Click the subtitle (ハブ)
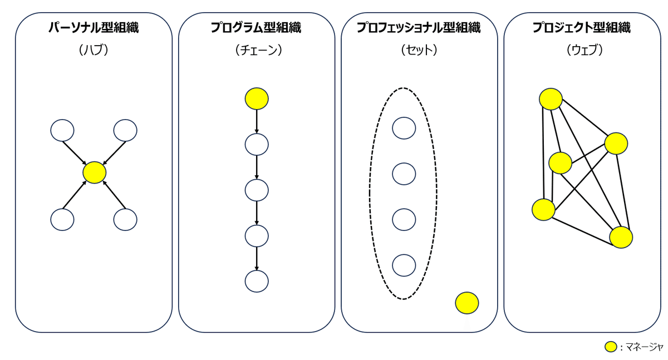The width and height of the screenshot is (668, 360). [x=93, y=50]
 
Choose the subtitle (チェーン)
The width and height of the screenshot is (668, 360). [x=256, y=50]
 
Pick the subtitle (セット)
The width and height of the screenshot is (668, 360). [x=419, y=50]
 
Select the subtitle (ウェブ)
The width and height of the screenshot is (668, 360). [x=582, y=50]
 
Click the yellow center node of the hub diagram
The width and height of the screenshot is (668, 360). [x=94, y=172]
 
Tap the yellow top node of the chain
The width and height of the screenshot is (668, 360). [x=257, y=98]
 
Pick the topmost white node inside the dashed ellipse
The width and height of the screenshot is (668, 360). [x=404, y=128]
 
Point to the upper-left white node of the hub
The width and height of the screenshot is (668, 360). [x=62, y=131]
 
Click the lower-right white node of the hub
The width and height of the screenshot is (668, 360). [x=125, y=219]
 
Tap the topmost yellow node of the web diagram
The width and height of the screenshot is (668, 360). [x=550, y=99]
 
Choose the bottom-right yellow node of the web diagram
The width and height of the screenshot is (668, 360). [x=621, y=237]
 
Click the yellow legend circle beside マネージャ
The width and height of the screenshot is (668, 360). [x=611, y=347]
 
